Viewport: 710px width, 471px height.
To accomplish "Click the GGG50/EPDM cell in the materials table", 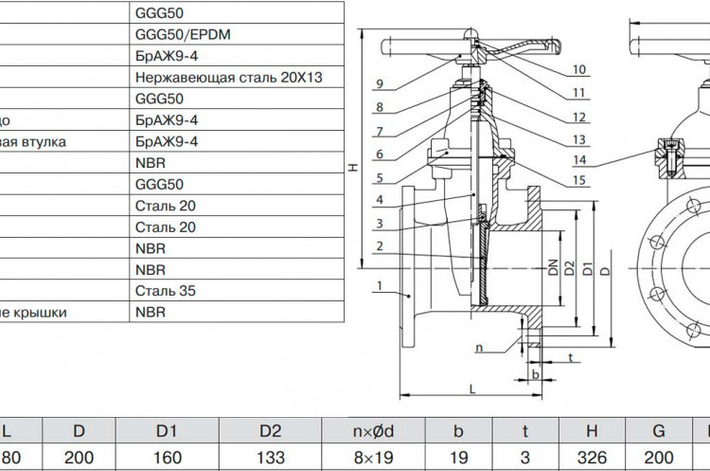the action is click(183, 34).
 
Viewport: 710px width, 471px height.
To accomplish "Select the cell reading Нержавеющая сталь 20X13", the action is click(229, 78).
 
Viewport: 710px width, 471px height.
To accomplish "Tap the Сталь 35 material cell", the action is click(166, 291).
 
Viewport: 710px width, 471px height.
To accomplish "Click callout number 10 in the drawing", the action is click(579, 69).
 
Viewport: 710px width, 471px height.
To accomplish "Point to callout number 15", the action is click(579, 180).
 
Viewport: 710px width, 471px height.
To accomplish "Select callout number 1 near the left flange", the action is click(380, 285).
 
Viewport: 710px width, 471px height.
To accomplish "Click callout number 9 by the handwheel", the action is click(380, 83).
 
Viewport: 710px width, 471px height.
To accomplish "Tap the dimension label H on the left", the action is click(354, 168).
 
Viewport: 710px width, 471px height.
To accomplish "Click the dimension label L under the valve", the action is click(472, 389).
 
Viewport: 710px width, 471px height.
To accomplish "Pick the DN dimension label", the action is click(553, 267).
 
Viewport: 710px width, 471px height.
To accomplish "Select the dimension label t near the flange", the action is click(571, 357).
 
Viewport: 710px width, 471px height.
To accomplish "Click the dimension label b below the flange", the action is click(536, 374).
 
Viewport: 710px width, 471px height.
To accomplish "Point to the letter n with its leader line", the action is click(479, 348).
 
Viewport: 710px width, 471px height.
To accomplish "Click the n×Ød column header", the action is click(373, 430).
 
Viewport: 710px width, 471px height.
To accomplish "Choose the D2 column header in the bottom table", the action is click(271, 430).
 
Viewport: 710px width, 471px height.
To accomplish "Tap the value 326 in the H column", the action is click(592, 458).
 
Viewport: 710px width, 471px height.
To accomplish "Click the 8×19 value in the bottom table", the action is click(373, 458).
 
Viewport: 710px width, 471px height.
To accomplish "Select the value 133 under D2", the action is click(271, 458).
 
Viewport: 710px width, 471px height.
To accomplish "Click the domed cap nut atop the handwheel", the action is click(470, 33).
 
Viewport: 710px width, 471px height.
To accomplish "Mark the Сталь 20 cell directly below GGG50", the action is click(166, 206).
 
